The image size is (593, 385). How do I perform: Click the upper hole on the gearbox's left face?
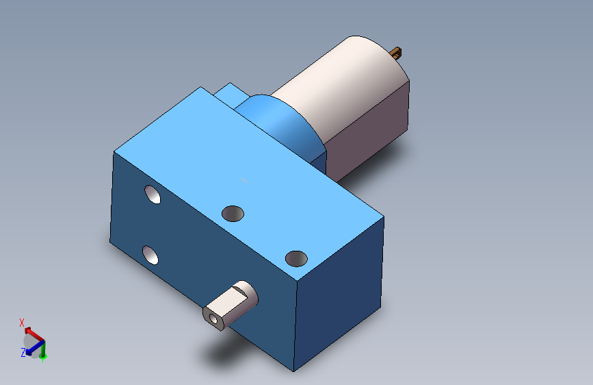(x=153, y=195)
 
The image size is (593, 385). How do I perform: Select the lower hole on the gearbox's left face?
(x=150, y=255)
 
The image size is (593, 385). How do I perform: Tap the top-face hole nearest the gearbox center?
(x=233, y=213)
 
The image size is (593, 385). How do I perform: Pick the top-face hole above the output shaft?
(x=295, y=258)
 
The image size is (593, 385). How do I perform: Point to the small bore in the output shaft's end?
(x=215, y=319)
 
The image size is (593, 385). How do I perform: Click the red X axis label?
(x=22, y=323)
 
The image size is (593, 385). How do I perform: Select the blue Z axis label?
(x=23, y=352)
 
